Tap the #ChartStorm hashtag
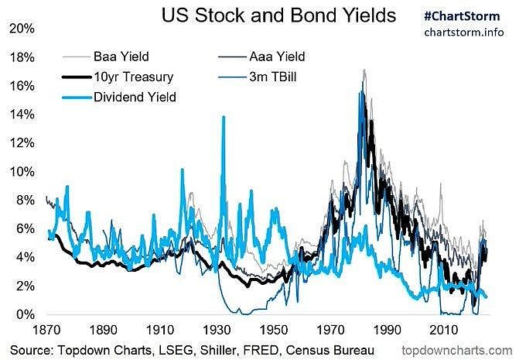pos(461,15)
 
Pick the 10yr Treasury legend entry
pos(129,77)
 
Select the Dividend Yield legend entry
pos(135,97)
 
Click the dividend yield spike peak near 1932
pos(224,118)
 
